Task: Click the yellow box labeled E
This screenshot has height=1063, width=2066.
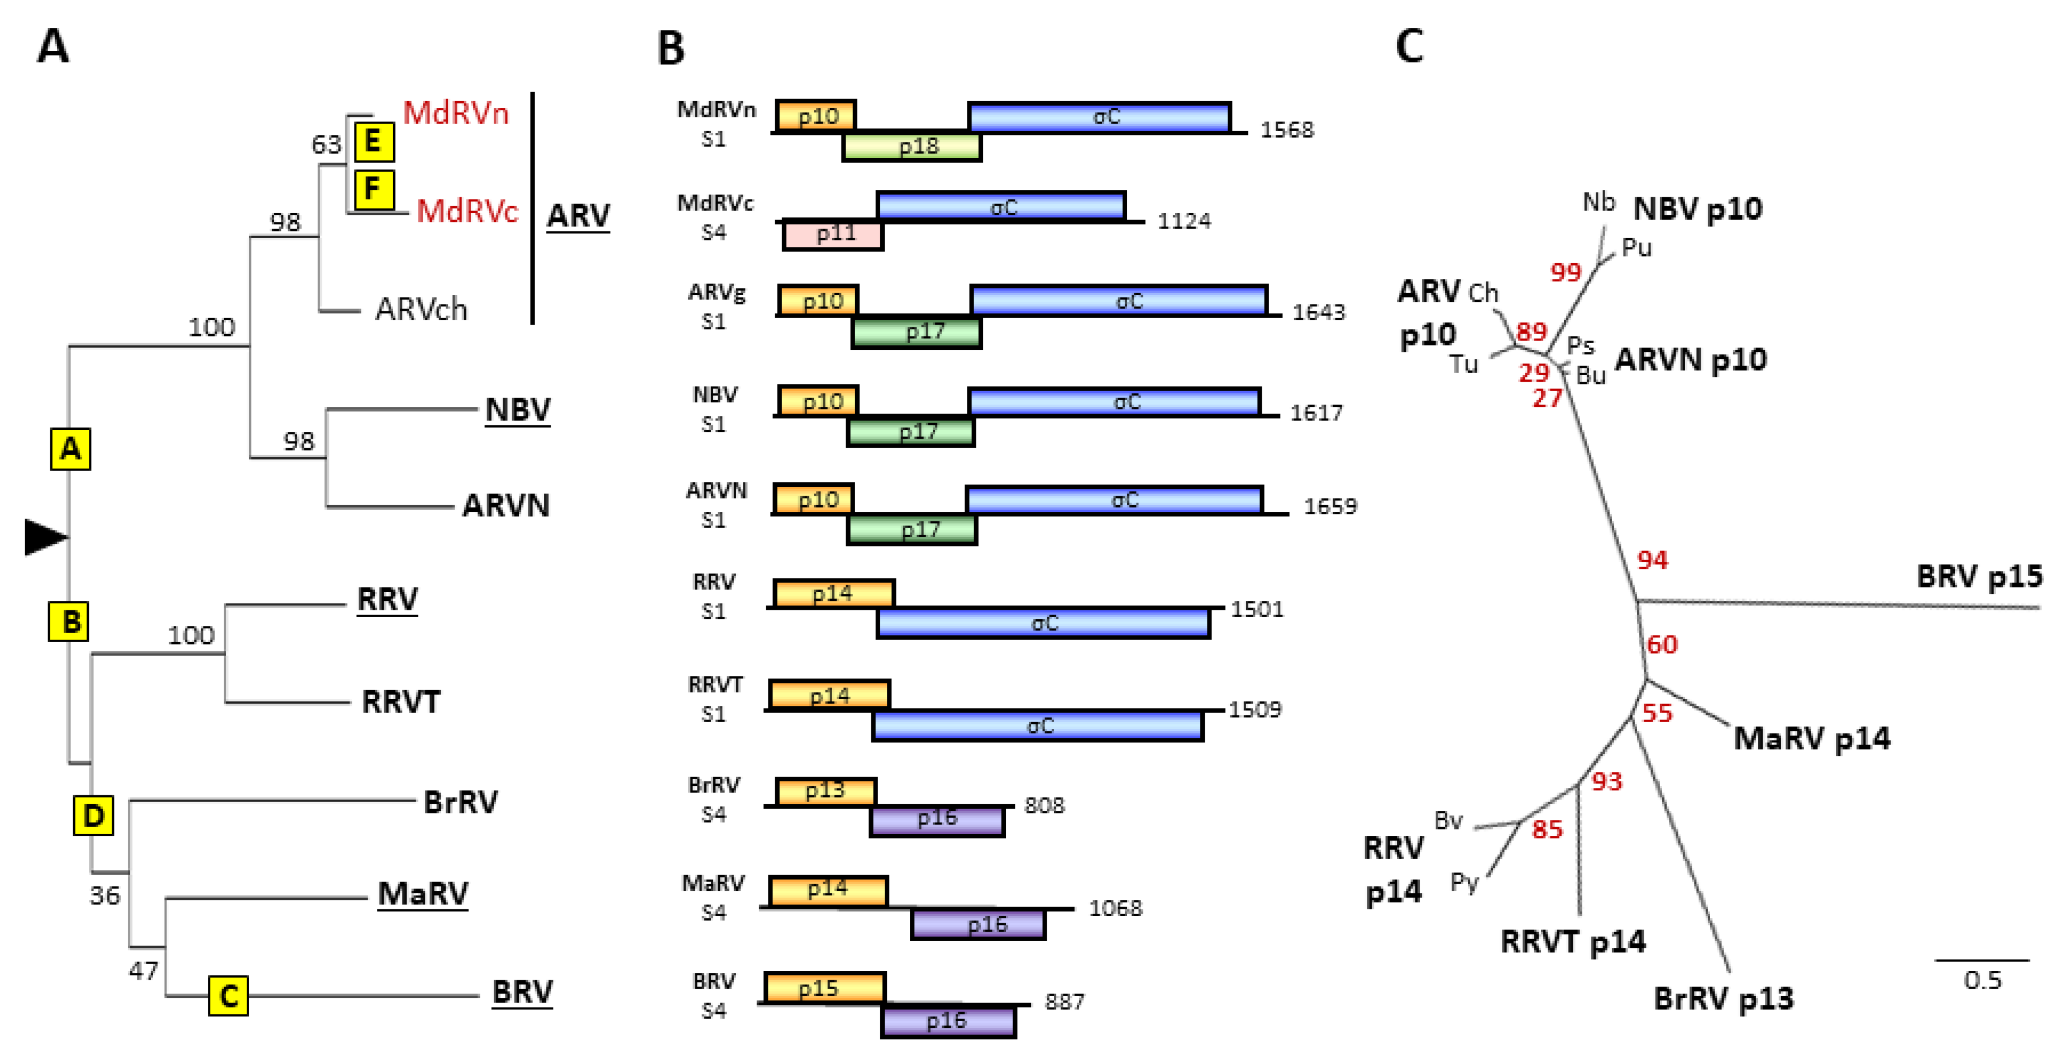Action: [x=373, y=141]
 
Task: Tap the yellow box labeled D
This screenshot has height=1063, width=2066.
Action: [x=93, y=816]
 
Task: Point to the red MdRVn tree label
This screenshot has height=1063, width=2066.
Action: [x=456, y=113]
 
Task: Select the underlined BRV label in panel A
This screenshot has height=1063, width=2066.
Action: [x=522, y=993]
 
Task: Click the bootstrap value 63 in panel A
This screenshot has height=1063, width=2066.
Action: [x=326, y=144]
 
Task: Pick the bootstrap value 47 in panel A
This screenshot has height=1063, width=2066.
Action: [x=144, y=971]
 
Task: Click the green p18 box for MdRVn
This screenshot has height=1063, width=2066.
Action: [x=912, y=147]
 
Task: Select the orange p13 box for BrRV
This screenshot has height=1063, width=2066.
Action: [x=826, y=791]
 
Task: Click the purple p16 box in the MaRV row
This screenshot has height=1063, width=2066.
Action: [x=979, y=924]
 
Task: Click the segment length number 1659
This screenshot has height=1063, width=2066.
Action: [x=1330, y=506]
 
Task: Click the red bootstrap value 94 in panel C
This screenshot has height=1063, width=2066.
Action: [x=1652, y=560]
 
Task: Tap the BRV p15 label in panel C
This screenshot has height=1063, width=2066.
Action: [x=1978, y=577]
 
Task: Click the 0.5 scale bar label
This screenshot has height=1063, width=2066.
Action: [x=1982, y=980]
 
